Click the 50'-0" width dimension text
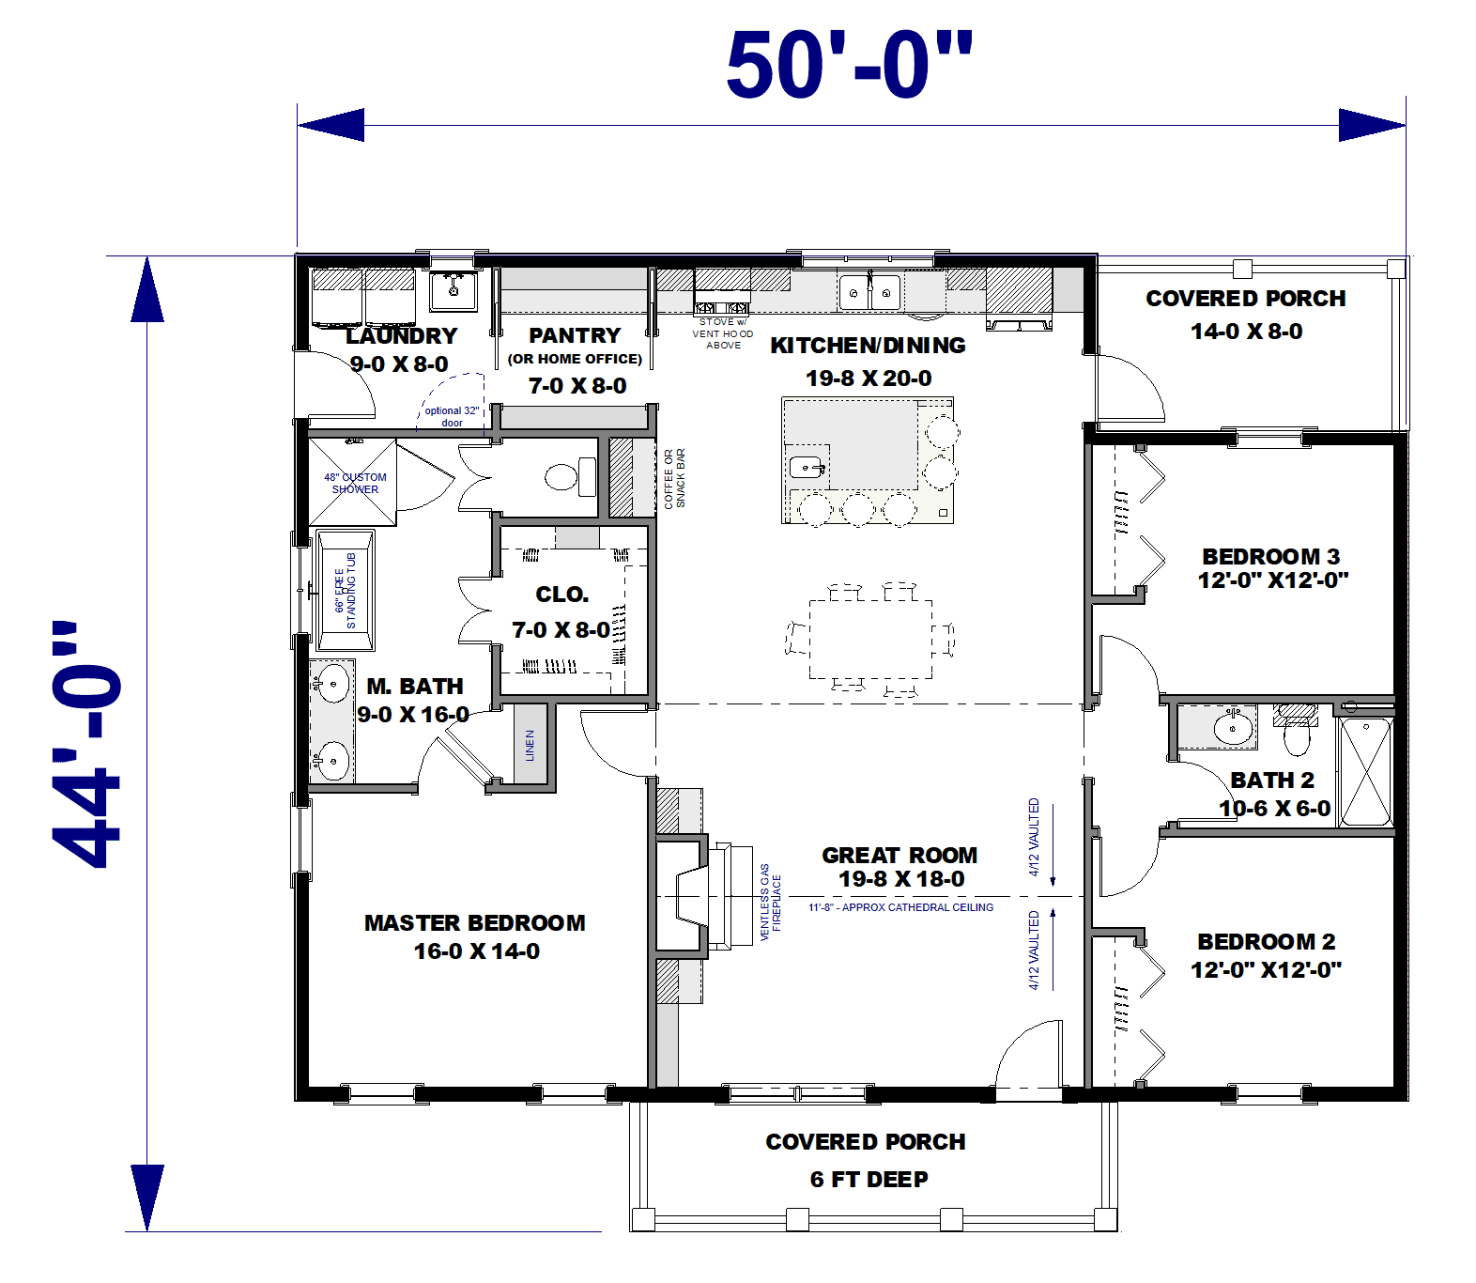849,65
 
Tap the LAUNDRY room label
401,336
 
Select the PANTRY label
575,336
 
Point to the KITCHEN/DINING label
868,346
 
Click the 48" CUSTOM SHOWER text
355,483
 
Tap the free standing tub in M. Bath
346,591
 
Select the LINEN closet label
530,745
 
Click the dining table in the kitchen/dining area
870,639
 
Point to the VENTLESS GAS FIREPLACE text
770,902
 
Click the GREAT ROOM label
899,856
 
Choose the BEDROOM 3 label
1270,557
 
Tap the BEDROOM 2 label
1266,942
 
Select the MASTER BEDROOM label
474,923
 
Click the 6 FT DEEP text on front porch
869,1180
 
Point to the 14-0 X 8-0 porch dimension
1246,332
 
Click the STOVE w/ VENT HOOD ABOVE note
723,333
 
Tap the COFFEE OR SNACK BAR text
674,479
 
